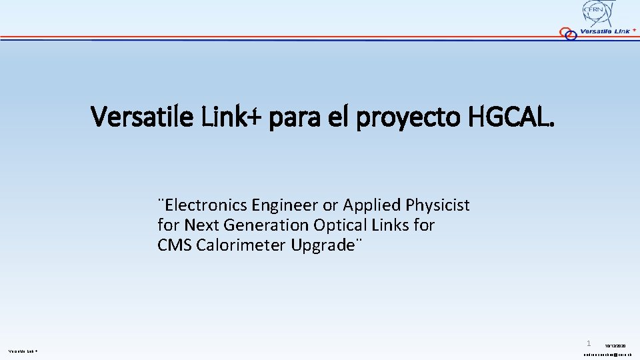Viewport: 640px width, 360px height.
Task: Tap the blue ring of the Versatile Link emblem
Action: [571, 35]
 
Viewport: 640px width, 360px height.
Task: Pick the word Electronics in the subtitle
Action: [206, 205]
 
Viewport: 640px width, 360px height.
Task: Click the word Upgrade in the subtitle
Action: [323, 245]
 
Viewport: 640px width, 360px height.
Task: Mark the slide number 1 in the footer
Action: [589, 343]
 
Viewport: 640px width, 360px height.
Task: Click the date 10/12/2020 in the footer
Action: [615, 346]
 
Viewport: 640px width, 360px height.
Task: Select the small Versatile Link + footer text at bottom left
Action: [23, 351]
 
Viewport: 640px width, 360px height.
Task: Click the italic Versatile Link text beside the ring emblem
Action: [605, 31]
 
